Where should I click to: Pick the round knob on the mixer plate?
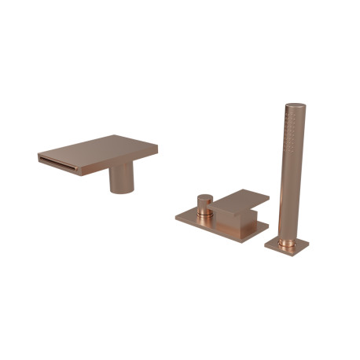[204, 203]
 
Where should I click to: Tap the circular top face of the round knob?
[204, 196]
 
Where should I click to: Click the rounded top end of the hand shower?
[295, 104]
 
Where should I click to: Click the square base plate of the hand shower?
[286, 245]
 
